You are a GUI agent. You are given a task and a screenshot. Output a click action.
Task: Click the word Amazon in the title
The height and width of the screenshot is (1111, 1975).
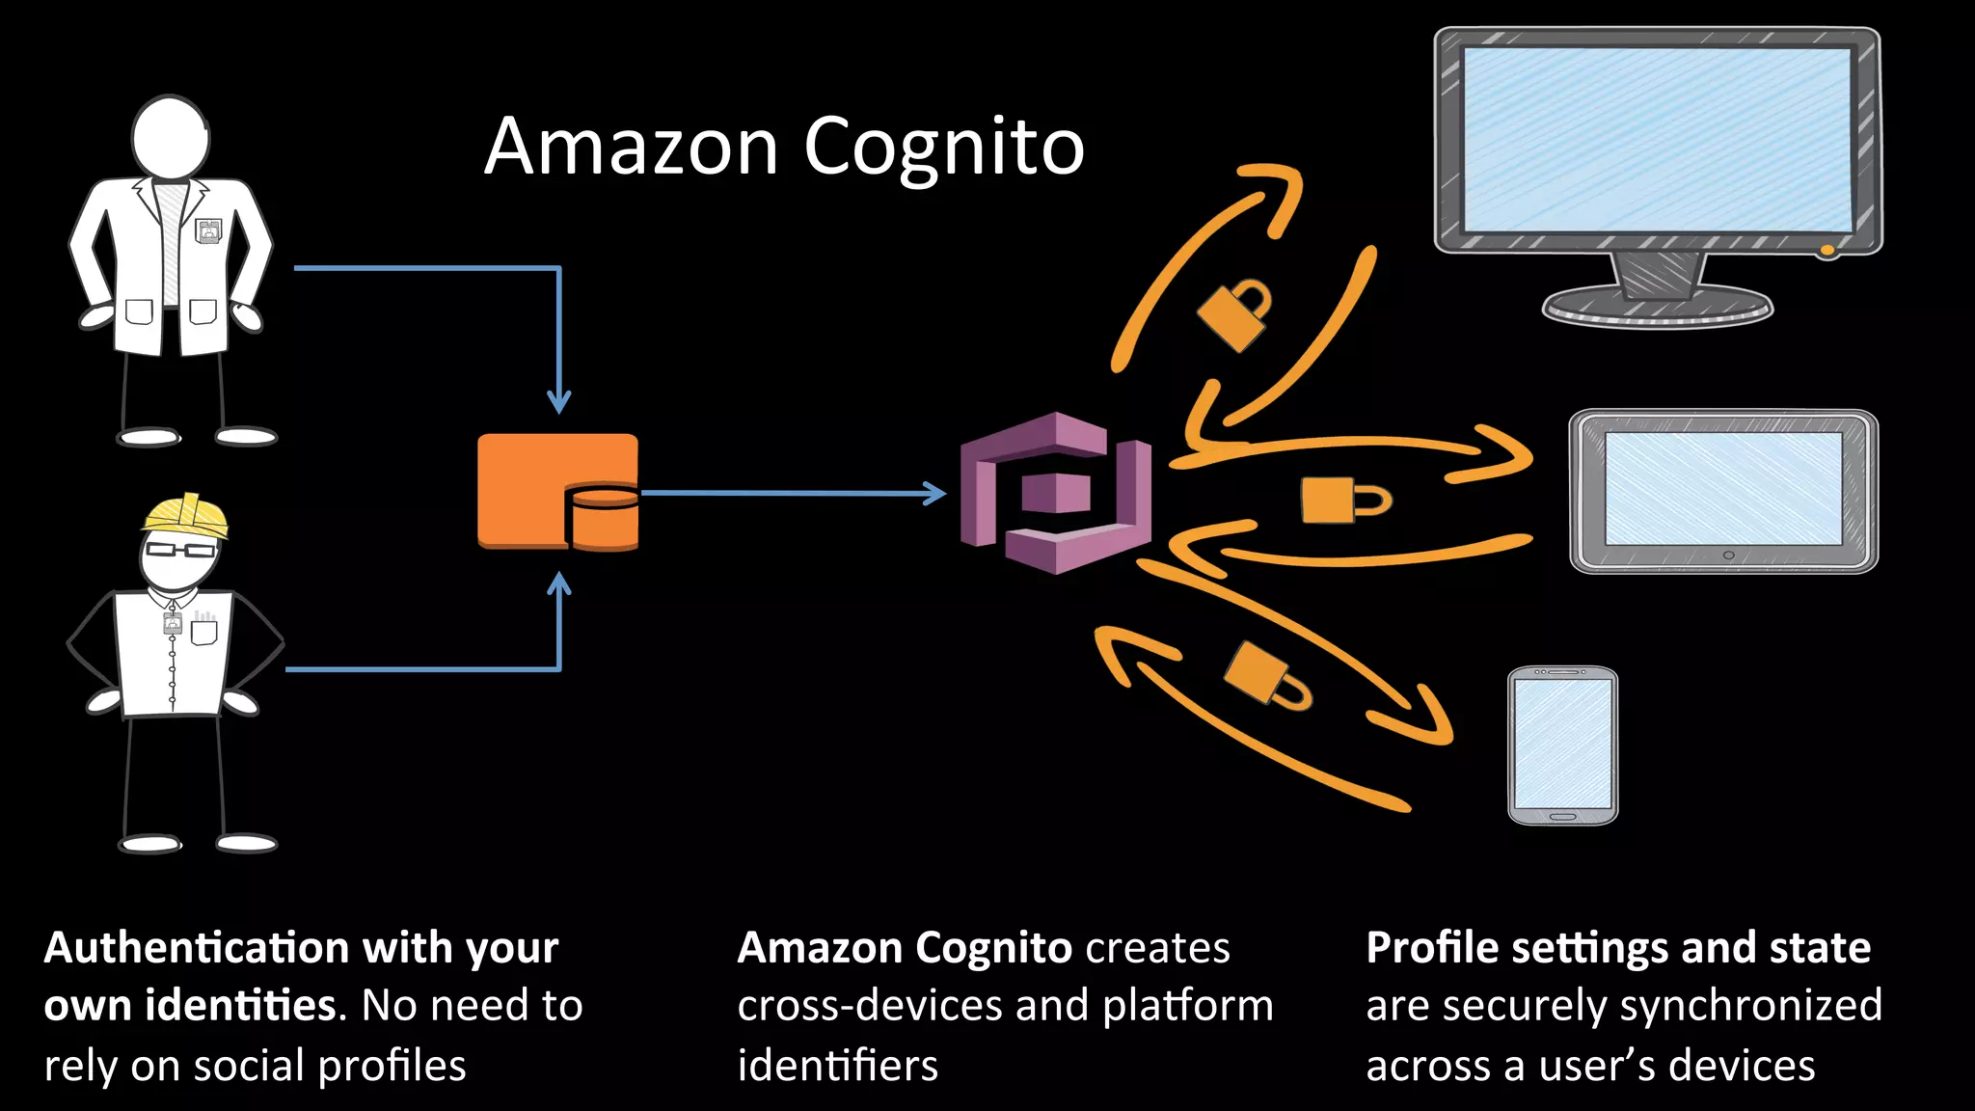[x=631, y=147]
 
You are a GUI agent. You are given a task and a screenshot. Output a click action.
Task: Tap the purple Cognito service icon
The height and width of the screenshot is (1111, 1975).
[x=1056, y=493]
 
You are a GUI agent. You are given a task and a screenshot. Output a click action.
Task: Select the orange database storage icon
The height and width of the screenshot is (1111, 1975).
[x=556, y=491]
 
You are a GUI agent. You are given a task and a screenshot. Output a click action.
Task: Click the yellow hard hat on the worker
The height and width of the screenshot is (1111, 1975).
[x=187, y=515]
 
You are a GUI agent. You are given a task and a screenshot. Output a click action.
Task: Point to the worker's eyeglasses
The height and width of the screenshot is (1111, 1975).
[x=180, y=550]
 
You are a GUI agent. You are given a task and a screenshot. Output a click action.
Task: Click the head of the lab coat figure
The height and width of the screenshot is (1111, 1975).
[x=171, y=137]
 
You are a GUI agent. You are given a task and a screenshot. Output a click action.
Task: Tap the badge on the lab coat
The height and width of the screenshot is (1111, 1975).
[x=208, y=230]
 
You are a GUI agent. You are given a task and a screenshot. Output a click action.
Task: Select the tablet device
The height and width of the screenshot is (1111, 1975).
[x=1723, y=492]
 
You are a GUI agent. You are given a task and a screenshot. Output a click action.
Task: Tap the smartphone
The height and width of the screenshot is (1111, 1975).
[x=1562, y=745]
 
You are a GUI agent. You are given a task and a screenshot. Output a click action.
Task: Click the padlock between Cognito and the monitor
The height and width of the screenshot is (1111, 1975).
[x=1234, y=314]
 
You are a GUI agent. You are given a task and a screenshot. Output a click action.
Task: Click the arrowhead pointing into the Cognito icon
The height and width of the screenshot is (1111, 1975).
[x=933, y=493]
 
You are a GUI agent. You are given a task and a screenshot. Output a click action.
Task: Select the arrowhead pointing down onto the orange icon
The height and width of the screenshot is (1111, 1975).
[x=559, y=401]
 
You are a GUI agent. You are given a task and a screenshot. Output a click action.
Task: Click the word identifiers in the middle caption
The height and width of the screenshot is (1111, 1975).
[x=837, y=1066]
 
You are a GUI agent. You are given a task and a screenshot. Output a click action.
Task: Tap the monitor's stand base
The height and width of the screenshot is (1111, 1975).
[x=1657, y=308]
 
